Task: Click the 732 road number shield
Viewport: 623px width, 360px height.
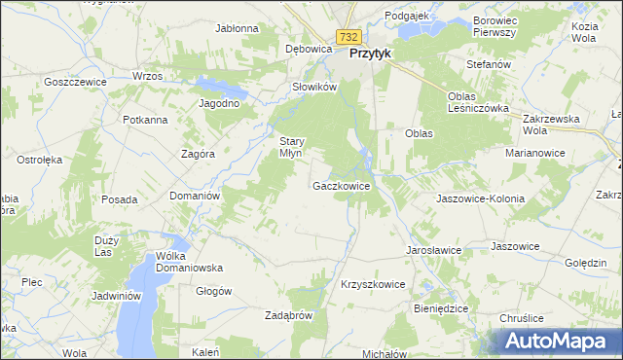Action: (349, 36)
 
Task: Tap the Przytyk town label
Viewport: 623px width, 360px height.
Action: (370, 54)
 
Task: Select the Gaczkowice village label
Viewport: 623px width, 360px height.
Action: (341, 185)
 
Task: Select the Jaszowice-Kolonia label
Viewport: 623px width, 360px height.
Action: (481, 198)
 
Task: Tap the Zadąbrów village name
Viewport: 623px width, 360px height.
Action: (288, 315)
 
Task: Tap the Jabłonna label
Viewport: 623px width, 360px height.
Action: (238, 28)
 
